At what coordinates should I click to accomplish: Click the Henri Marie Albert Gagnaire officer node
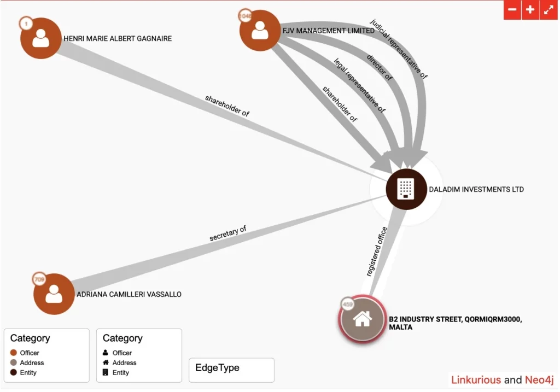click(40, 38)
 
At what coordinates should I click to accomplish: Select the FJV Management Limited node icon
click(260, 31)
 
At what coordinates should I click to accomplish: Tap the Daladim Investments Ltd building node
click(406, 189)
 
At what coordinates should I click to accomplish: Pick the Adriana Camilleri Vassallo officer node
click(54, 294)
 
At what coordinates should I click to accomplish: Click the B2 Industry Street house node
click(362, 318)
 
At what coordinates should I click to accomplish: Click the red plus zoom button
click(530, 10)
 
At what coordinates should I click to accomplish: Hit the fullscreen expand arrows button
click(549, 10)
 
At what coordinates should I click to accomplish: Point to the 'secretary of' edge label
click(227, 233)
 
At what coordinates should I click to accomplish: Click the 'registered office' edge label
click(377, 251)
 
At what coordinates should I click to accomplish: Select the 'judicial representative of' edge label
click(399, 49)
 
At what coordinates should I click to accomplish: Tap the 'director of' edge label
click(380, 67)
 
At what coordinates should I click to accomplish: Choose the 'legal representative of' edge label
click(360, 86)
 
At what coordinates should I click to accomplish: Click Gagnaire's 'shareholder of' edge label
click(227, 106)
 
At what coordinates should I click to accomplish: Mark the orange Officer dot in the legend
click(14, 353)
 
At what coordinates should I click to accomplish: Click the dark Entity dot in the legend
click(14, 372)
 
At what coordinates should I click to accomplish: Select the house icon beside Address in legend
click(106, 362)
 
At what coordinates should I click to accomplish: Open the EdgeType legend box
click(231, 370)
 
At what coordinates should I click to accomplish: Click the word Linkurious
click(476, 380)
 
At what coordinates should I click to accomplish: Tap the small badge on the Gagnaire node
click(26, 24)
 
